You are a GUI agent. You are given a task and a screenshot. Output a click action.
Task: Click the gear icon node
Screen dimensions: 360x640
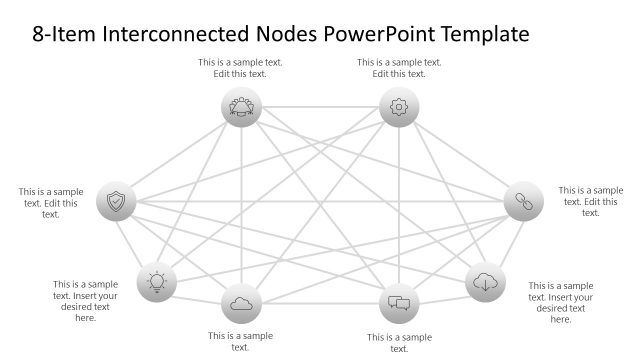click(x=399, y=107)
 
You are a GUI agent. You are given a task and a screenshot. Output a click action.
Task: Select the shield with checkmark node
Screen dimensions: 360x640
click(x=116, y=202)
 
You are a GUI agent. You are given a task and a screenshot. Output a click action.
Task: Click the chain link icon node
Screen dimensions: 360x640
click(x=522, y=202)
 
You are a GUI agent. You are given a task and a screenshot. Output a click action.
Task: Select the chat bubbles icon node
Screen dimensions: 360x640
click(x=399, y=302)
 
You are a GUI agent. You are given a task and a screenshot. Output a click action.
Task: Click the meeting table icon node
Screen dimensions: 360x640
click(x=241, y=107)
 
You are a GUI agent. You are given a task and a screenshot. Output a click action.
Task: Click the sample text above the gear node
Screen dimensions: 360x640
click(x=399, y=68)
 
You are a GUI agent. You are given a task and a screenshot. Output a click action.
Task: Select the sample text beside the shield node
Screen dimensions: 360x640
click(x=50, y=202)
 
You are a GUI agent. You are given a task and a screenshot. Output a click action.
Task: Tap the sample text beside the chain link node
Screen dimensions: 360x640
click(x=590, y=201)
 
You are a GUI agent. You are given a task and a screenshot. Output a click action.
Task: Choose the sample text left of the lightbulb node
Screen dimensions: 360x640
click(x=85, y=301)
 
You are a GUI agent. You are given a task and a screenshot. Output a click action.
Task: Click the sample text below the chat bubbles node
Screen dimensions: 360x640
click(x=399, y=343)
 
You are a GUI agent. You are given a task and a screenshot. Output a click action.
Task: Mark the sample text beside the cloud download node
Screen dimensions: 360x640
click(x=560, y=302)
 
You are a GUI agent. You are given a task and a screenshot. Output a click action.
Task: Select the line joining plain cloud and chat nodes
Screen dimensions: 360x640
click(x=320, y=302)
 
